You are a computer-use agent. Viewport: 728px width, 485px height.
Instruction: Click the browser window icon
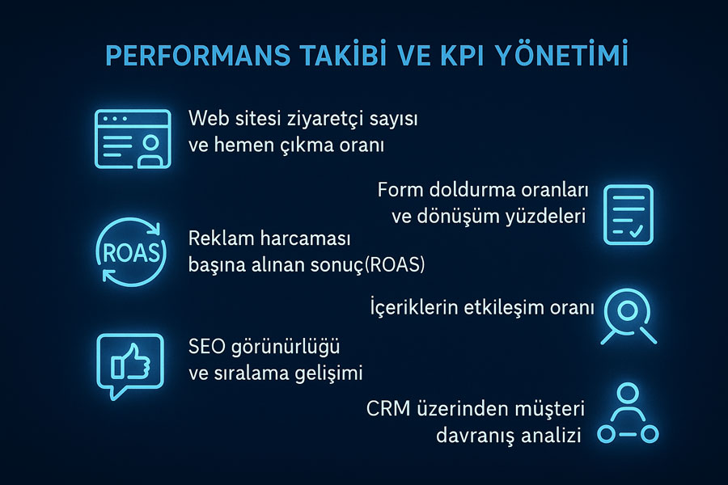[133, 139]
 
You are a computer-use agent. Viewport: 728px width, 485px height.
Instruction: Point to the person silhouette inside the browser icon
[150, 150]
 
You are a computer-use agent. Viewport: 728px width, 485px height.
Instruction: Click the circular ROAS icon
[131, 252]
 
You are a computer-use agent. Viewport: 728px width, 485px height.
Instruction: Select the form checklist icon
[629, 214]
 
